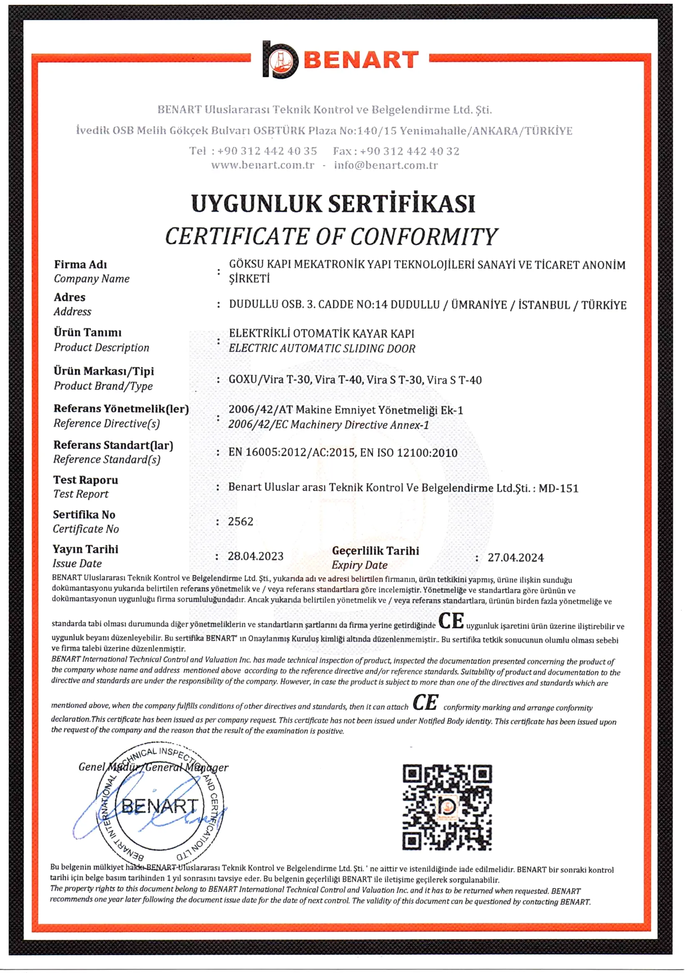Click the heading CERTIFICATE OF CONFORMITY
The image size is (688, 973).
(x=331, y=237)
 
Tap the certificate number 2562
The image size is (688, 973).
(x=241, y=521)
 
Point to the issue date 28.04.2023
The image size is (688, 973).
(x=256, y=556)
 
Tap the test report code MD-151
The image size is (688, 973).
(x=559, y=489)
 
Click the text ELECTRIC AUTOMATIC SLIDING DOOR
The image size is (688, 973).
(x=322, y=349)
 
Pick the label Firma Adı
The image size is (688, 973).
(x=80, y=264)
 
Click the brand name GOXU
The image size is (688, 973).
(x=243, y=379)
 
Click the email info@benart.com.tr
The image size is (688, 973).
(x=385, y=165)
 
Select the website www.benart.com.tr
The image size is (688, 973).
(x=263, y=165)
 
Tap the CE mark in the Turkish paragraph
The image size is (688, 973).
(x=451, y=621)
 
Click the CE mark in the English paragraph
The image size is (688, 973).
(x=425, y=703)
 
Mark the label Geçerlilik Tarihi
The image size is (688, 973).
(x=375, y=551)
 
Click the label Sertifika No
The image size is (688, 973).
(x=84, y=515)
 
